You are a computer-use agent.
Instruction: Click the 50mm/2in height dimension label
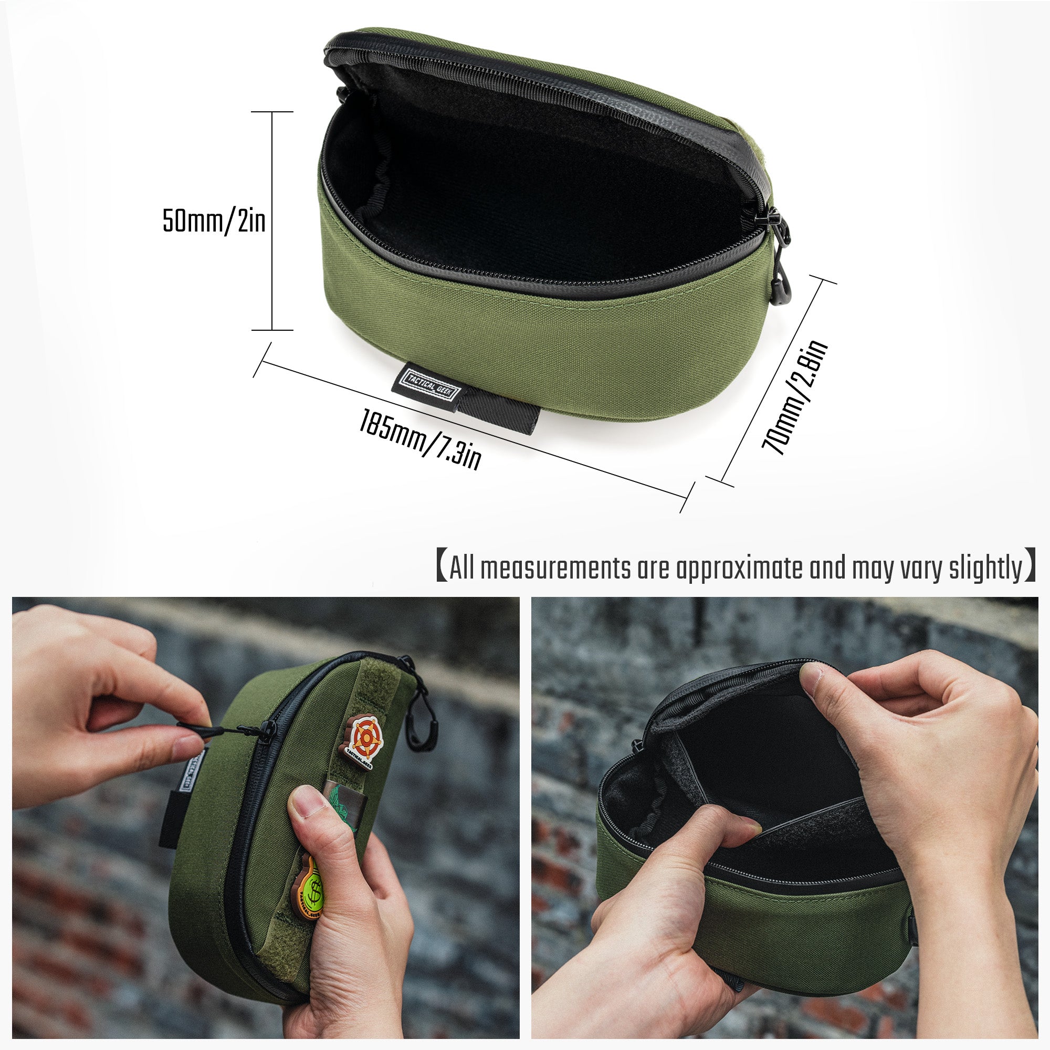point(214,221)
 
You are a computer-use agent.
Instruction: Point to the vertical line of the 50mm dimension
point(272,220)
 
